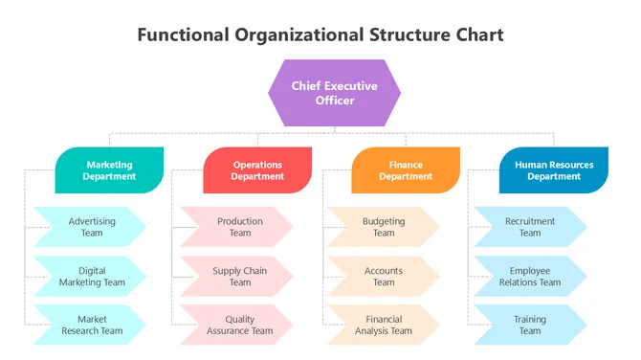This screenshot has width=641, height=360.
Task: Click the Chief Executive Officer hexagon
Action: (334, 93)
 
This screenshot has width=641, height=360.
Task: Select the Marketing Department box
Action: (109, 170)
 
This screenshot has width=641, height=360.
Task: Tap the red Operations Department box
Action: (257, 170)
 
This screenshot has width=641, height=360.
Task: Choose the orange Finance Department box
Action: (406, 170)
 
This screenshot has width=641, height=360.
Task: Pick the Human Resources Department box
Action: (554, 170)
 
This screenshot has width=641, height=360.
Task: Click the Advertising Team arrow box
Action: (91, 227)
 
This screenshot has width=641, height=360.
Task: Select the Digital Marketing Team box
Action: (91, 276)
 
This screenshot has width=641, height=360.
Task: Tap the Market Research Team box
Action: (91, 325)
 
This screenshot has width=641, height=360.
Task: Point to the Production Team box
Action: (238, 227)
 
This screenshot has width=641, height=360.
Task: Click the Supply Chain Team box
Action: (238, 276)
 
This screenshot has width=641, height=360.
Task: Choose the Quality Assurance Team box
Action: (238, 325)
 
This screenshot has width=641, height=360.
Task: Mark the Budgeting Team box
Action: (383, 227)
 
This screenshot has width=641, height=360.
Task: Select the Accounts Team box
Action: (383, 276)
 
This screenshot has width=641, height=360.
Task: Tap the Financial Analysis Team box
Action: (383, 325)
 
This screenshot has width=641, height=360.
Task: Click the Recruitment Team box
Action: (529, 227)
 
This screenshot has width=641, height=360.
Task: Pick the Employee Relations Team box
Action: (529, 276)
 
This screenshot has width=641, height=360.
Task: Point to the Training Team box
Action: (529, 325)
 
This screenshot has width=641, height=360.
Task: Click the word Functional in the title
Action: (182, 35)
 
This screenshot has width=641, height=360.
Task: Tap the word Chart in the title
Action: (476, 35)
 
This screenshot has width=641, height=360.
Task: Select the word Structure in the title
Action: (406, 35)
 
